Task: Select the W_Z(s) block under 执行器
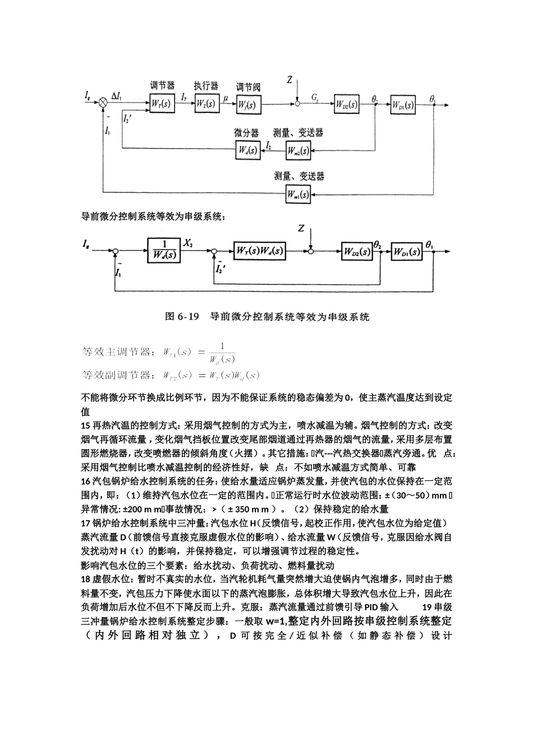point(206,104)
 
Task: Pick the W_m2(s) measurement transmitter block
point(298,150)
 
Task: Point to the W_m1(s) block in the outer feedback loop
point(298,194)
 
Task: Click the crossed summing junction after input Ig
point(103,103)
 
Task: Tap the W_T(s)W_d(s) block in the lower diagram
point(259,251)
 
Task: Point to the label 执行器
point(206,86)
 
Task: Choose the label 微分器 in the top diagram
point(247,133)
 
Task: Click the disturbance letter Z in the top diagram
point(290,80)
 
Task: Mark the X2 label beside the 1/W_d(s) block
point(189,243)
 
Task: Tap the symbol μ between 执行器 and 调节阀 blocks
point(226,98)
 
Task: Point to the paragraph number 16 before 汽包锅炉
point(86,481)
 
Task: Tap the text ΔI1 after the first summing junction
point(119,96)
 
